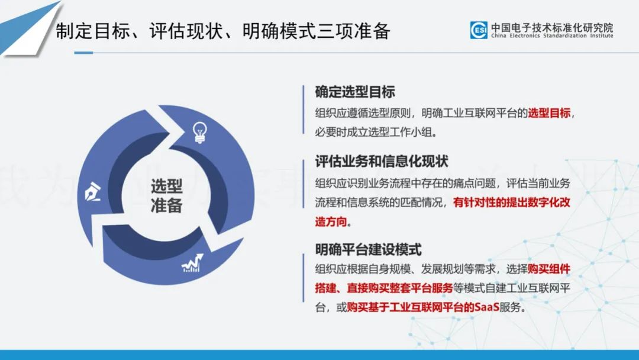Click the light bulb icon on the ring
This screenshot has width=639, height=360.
tap(200, 133)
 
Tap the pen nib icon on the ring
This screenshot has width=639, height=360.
tap(92, 192)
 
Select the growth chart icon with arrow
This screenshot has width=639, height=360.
tap(192, 263)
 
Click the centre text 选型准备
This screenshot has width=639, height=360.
tap(167, 196)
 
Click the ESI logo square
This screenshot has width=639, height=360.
tap(479, 30)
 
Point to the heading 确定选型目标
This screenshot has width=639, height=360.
tap(355, 92)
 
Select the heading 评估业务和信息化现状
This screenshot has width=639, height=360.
tap(382, 162)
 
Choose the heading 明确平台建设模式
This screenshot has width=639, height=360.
tap(368, 249)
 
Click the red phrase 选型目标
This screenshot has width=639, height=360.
tap(549, 113)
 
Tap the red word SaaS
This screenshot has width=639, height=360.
tap(487, 307)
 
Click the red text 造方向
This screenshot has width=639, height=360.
tap(331, 221)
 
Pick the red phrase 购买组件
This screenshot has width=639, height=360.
tap(549, 269)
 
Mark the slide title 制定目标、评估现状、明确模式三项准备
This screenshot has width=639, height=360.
tap(223, 31)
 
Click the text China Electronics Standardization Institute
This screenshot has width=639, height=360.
tap(552, 36)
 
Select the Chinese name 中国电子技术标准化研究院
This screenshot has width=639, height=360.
tap(552, 27)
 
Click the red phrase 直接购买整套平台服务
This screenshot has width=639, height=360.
tap(400, 288)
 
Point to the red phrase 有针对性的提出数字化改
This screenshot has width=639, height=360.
tap(511, 202)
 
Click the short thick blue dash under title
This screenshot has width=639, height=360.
tap(83, 53)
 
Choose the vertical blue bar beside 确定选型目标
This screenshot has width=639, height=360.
tap(304, 110)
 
